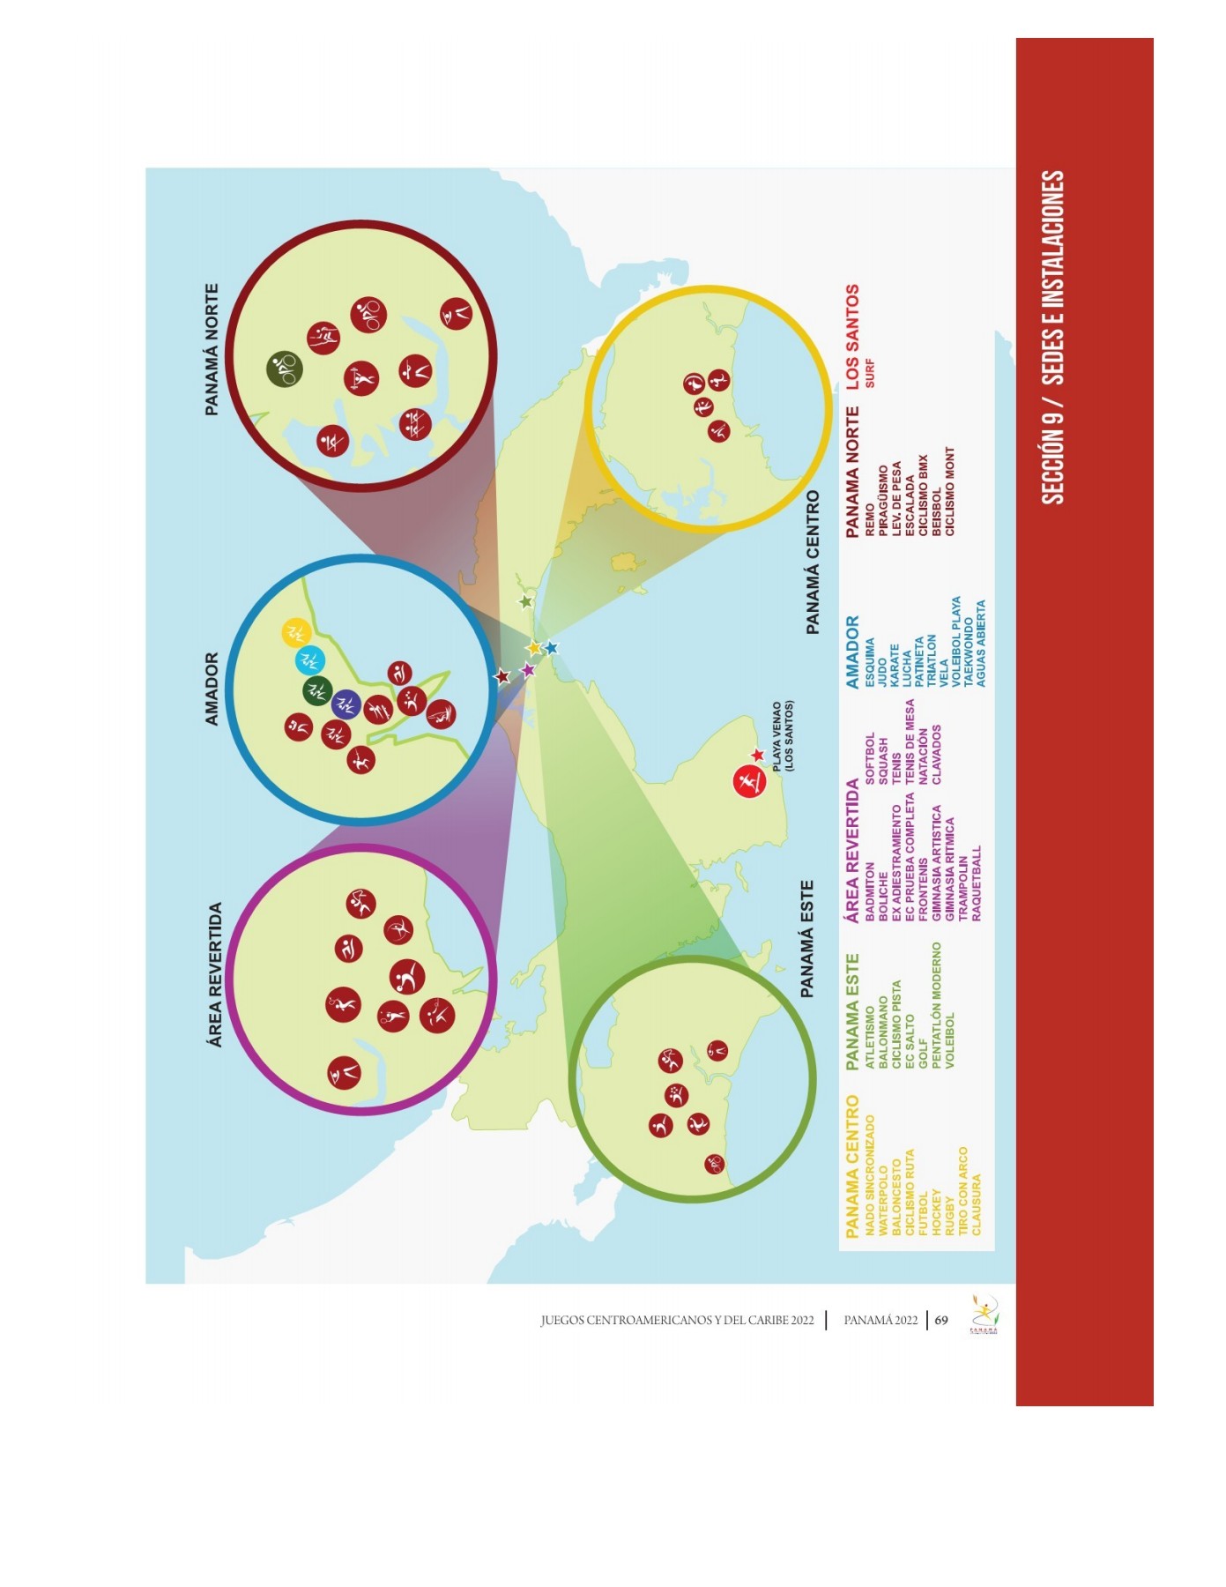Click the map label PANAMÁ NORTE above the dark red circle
click(x=212, y=349)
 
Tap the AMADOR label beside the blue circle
click(x=212, y=689)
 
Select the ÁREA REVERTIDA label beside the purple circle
click(x=214, y=974)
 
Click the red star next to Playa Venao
click(x=757, y=756)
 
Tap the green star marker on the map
click(x=526, y=602)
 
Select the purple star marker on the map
click(x=528, y=670)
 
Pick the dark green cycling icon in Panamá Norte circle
click(x=285, y=369)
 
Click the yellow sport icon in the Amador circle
click(x=295, y=632)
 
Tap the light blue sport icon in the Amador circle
click(x=309, y=660)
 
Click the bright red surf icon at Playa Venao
click(x=749, y=781)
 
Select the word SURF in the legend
click(x=870, y=373)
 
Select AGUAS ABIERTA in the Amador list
click(x=981, y=644)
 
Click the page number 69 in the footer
click(x=941, y=1320)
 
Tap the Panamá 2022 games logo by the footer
click(x=984, y=1315)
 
